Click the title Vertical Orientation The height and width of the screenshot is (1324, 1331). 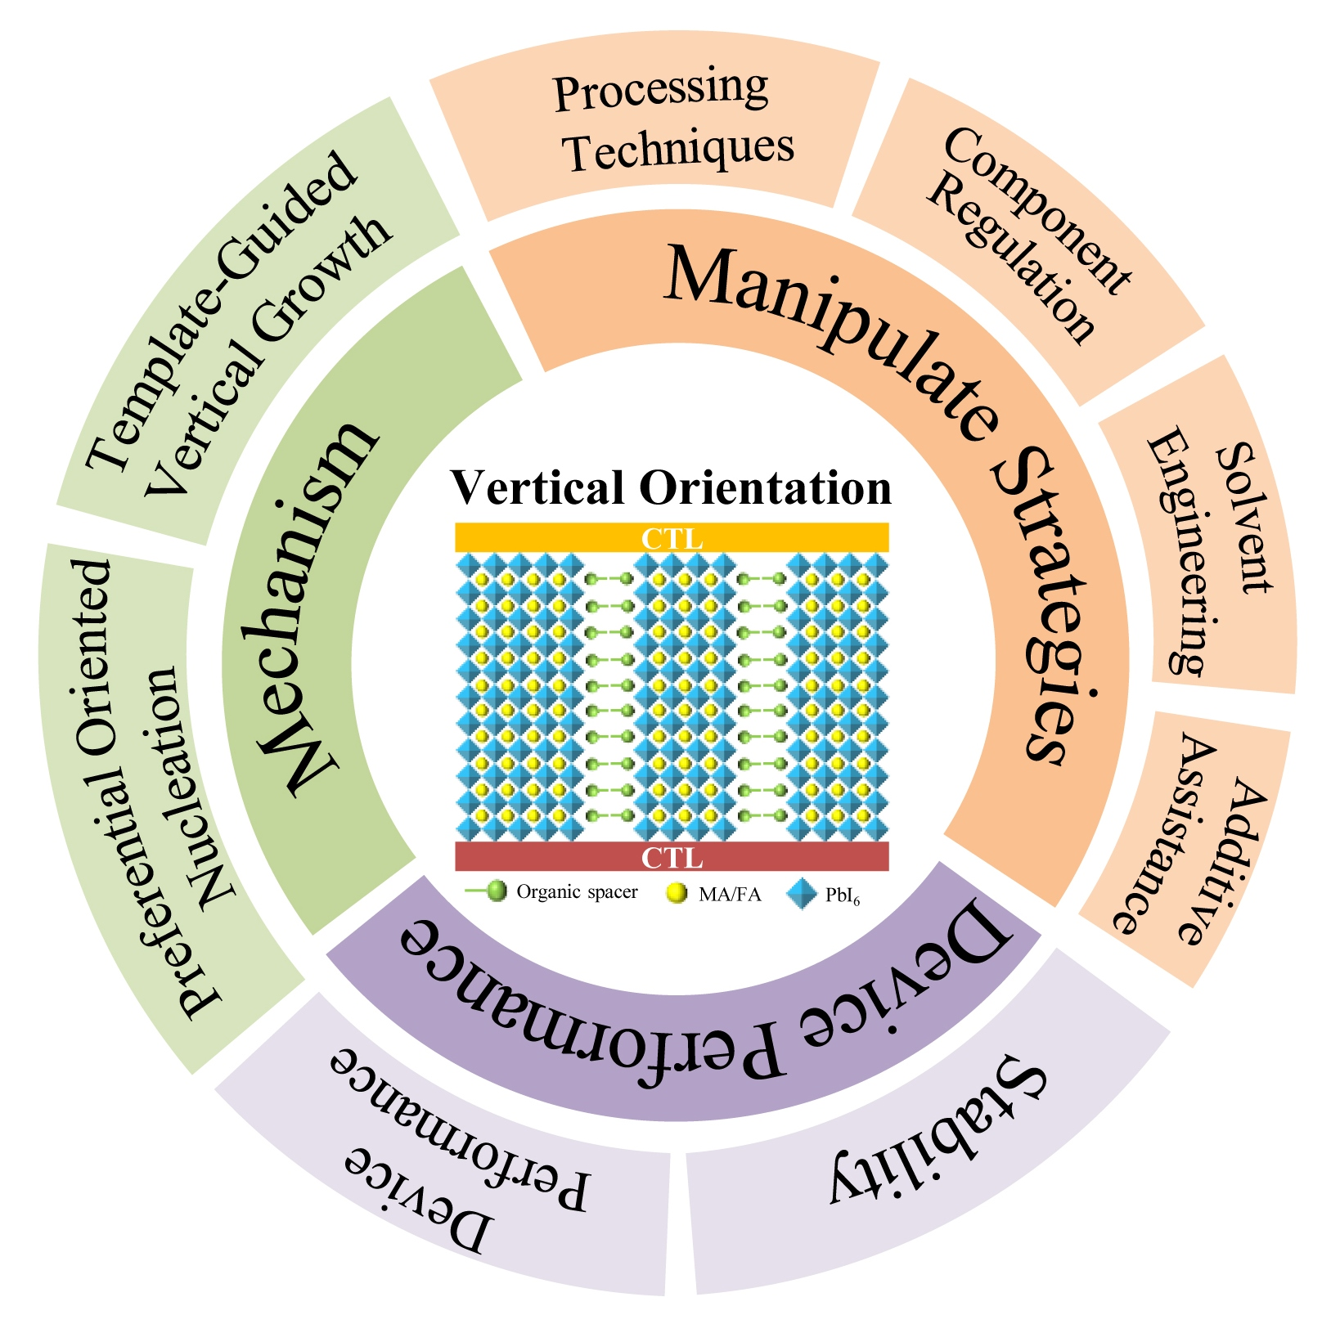671,488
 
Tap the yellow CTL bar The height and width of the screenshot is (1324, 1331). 671,538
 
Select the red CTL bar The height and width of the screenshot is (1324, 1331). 671,856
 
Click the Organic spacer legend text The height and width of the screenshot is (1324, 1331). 577,891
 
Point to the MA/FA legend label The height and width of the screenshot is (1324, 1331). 730,894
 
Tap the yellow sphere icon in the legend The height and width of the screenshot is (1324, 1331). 677,893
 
